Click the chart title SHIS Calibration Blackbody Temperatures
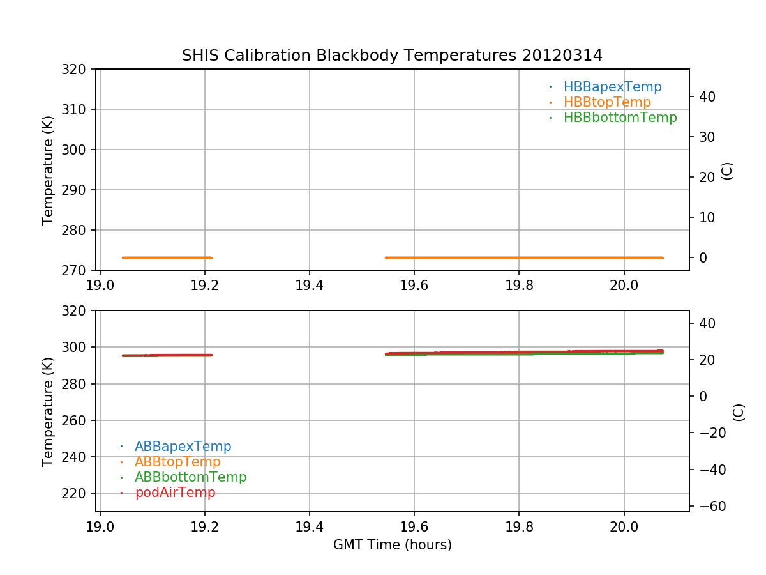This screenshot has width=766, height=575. pyautogui.click(x=392, y=56)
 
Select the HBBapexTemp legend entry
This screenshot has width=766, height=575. pyautogui.click(x=612, y=87)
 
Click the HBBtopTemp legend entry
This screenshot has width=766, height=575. pyautogui.click(x=607, y=102)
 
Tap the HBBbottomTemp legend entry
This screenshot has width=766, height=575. pyautogui.click(x=620, y=118)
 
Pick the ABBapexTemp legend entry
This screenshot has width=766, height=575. pyautogui.click(x=183, y=447)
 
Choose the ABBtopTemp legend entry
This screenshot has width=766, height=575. pyautogui.click(x=177, y=462)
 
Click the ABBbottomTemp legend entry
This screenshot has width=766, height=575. pyautogui.click(x=190, y=477)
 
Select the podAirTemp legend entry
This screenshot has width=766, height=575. pyautogui.click(x=175, y=493)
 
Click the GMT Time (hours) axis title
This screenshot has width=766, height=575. pyautogui.click(x=392, y=545)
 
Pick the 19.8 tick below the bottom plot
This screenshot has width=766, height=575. pyautogui.click(x=519, y=525)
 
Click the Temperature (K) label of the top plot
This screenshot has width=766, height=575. pyautogui.click(x=49, y=170)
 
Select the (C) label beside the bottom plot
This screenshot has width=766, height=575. pyautogui.click(x=739, y=411)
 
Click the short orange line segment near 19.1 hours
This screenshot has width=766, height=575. pyautogui.click(x=167, y=257)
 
